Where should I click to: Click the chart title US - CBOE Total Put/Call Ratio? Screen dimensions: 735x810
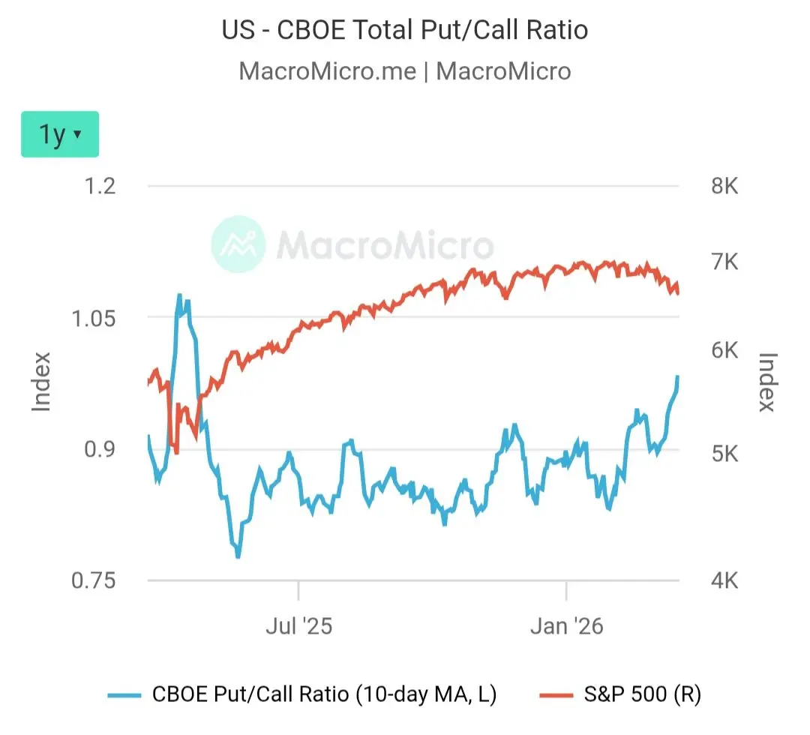405,30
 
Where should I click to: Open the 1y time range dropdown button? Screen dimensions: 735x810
60,135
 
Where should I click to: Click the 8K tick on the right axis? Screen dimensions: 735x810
724,186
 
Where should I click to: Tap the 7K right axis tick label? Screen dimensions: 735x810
724,262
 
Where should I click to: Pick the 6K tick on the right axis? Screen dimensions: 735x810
724,351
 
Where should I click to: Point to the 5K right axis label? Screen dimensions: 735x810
724,454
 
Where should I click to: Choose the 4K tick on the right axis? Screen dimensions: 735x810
724,581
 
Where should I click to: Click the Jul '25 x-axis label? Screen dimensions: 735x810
298,625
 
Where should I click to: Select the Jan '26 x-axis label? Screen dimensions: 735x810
566,625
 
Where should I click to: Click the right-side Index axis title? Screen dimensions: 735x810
766,382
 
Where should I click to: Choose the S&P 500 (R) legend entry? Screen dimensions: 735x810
621,694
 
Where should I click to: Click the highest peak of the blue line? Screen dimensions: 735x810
179,295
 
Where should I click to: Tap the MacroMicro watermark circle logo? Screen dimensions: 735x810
238,244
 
